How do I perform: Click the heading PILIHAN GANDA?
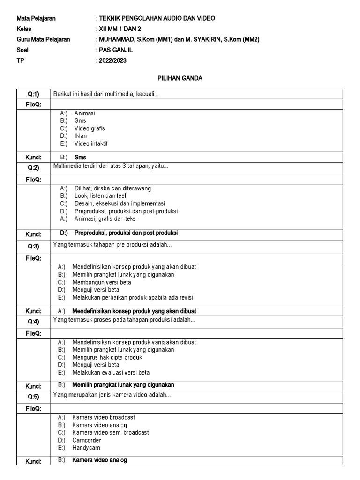pos(180,78)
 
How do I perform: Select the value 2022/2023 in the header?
pos(112,60)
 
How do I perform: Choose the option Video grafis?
pos(89,128)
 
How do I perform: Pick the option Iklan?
pos(80,136)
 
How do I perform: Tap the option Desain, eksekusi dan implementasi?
pos(120,203)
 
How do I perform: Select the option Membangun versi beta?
pos(101,282)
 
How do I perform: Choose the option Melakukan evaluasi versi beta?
pos(111,373)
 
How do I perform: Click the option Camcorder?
pos(86,440)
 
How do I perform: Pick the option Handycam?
pos(86,448)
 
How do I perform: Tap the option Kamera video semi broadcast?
pos(110,432)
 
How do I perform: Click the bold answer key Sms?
pos(80,157)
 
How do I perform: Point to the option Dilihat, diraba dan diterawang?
pos(112,188)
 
